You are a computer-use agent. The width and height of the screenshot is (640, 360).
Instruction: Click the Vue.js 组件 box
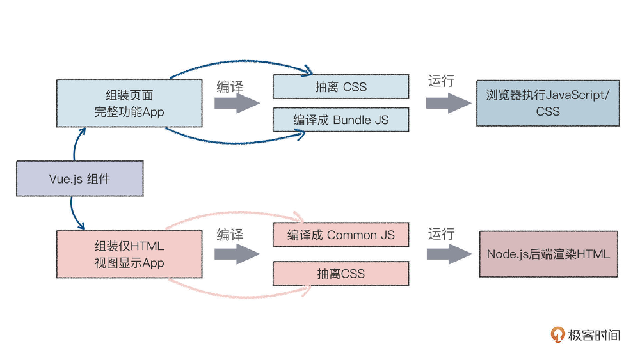[x=80, y=179]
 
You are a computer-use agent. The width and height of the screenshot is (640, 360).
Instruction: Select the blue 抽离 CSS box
[x=341, y=87]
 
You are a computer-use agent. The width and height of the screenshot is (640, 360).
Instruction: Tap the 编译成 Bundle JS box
[x=341, y=120]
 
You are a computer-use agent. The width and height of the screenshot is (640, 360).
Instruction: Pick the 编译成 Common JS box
[x=341, y=235]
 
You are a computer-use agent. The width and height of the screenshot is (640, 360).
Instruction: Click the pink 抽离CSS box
[x=341, y=273]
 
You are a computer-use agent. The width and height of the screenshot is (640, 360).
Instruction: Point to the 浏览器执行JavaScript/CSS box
[x=548, y=103]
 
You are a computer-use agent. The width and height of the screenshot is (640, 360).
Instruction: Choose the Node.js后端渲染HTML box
[x=548, y=254]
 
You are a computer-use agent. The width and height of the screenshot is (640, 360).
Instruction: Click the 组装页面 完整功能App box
[x=129, y=103]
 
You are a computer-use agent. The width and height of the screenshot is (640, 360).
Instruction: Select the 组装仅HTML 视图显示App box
[x=129, y=254]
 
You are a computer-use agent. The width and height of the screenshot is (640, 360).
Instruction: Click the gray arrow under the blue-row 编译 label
[x=237, y=103]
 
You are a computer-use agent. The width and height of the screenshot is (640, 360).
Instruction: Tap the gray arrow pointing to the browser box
[x=448, y=103]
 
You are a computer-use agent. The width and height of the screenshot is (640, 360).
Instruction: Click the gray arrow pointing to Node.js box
[x=449, y=254]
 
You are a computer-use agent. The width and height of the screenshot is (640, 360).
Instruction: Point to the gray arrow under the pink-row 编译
[x=237, y=254]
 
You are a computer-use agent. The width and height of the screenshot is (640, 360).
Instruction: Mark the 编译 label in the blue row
[x=230, y=87]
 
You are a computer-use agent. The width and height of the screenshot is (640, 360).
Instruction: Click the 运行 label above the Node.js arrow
[x=441, y=234]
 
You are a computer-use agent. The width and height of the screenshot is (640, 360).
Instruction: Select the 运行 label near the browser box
[x=441, y=81]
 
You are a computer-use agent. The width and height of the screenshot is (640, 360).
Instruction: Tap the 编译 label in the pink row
[x=230, y=235]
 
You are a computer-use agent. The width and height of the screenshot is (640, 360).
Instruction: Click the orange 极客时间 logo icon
[x=557, y=334]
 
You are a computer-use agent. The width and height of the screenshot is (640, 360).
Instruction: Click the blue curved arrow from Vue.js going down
[x=74, y=213]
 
